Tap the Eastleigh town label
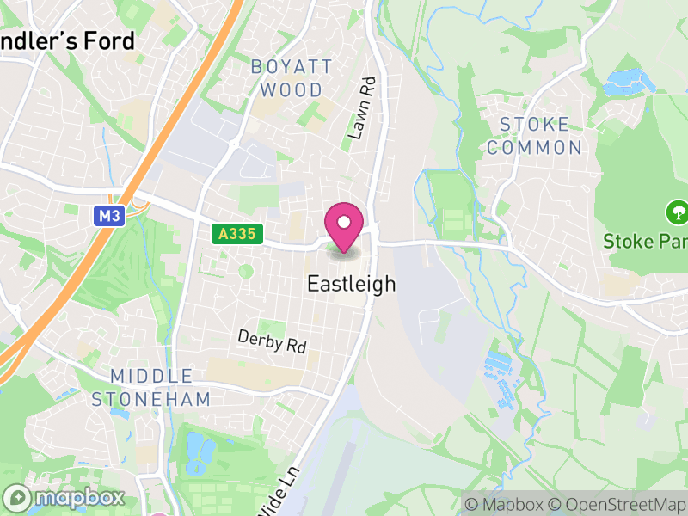pos(351,284)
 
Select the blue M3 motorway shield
pos(109,216)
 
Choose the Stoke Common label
pos(534,136)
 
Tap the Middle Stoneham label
pos(150,387)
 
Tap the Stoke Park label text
pos(645,240)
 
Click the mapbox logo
pos(64,497)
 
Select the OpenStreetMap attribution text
pos(616,504)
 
